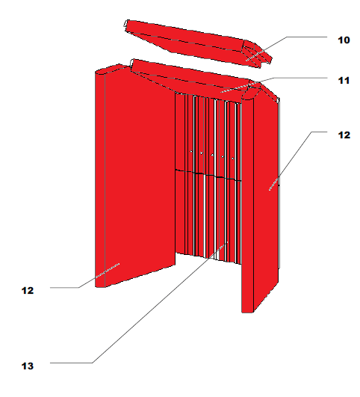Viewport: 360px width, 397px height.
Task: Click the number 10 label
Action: [344, 40]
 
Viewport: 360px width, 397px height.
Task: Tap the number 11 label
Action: [344, 81]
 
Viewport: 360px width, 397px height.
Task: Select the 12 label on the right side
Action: [344, 135]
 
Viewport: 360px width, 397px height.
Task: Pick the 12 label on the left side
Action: [28, 290]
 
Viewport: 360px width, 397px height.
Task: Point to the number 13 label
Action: [28, 366]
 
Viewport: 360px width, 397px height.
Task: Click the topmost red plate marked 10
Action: [197, 43]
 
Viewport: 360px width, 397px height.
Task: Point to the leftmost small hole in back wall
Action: [191, 152]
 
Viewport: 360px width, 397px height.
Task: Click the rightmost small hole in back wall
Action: [233, 159]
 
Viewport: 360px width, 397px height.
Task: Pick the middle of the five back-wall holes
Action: [212, 155]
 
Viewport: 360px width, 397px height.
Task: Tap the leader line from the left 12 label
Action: [84, 284]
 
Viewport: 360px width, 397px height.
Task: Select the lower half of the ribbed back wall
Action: [208, 218]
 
